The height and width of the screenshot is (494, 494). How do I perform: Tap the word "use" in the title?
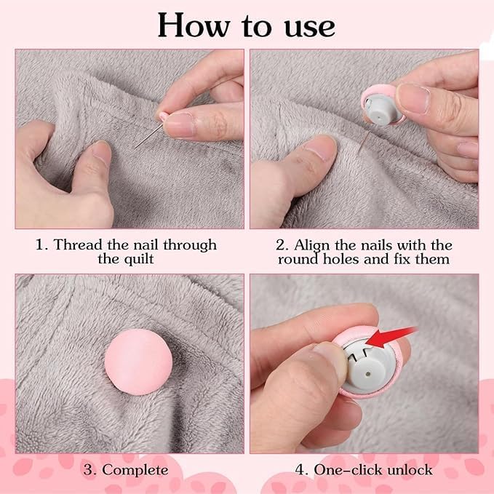point(305,26)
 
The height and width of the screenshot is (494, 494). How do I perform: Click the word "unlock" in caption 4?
point(404,469)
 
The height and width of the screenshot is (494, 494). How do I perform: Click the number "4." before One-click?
point(300,469)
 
